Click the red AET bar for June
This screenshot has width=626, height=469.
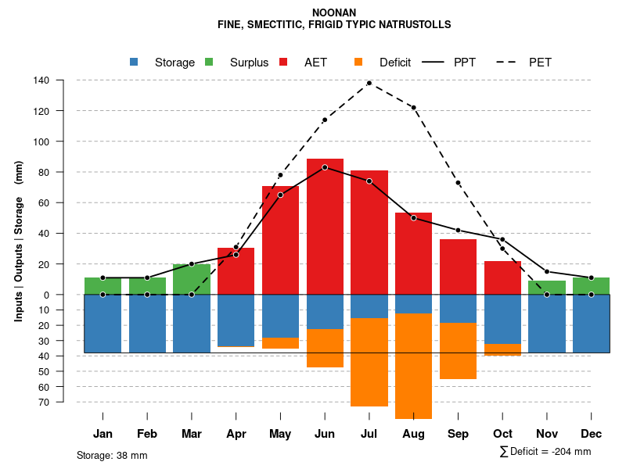[x=325, y=227]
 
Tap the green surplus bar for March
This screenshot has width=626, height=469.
[x=192, y=279]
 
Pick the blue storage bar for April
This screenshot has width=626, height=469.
[x=236, y=320]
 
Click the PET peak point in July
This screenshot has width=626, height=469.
[x=369, y=83]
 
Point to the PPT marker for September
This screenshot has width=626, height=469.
[x=458, y=230]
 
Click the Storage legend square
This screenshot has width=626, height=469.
[x=134, y=63]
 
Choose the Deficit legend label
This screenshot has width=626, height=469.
[x=395, y=63]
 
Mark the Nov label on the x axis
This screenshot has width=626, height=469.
[x=547, y=434]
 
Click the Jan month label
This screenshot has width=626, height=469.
[x=103, y=434]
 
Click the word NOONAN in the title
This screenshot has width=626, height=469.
[x=334, y=13]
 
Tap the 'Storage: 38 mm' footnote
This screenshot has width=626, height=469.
[x=112, y=455]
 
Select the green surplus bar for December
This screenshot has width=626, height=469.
[x=591, y=286]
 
